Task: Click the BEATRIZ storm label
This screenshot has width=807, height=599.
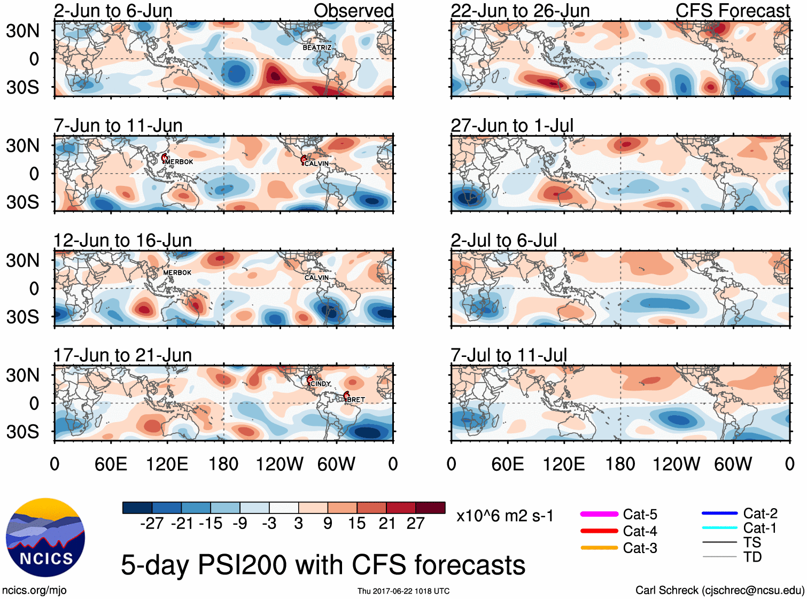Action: coord(317,48)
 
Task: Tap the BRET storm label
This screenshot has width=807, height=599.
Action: coord(355,400)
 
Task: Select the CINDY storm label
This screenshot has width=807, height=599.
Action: coord(321,384)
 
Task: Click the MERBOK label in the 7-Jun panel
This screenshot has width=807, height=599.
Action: coord(179,162)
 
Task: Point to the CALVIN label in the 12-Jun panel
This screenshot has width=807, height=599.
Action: coord(316,278)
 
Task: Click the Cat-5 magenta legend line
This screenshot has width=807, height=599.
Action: coord(599,514)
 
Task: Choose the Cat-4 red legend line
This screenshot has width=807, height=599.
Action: coord(599,531)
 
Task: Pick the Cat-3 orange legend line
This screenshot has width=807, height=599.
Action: coord(599,548)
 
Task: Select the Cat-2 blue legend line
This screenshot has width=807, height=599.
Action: coord(719,514)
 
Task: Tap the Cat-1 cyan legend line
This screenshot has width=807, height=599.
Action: coord(719,528)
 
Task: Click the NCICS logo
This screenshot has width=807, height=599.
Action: coord(45,538)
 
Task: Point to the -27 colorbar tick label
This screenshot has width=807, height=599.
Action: coord(152,524)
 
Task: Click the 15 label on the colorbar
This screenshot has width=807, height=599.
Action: coord(357,524)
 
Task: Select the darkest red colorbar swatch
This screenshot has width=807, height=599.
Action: coord(430,508)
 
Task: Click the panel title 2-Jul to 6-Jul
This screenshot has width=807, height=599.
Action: coord(504,240)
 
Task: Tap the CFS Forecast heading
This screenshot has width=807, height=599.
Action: coord(732,11)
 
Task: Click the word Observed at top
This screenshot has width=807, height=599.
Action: coord(354,11)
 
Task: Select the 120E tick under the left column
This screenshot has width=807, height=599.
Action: coord(167,464)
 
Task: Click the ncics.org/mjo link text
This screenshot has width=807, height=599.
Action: coord(34,590)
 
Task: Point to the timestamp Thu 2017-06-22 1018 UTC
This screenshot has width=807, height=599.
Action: coord(403,591)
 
